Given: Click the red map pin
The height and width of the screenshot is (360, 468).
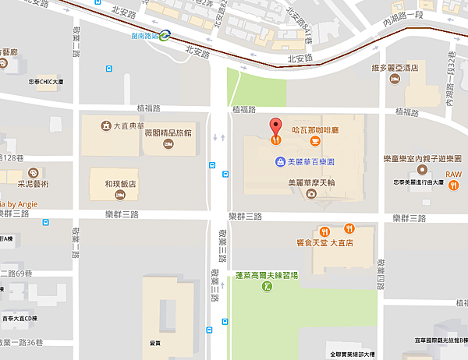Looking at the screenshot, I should pos(275,129).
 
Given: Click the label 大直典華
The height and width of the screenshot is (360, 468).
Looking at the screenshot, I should pos(130,125).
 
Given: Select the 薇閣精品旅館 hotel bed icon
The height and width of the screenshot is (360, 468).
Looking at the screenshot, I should pos(167,144).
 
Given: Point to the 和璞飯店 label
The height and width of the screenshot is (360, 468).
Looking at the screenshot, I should pos(121,185).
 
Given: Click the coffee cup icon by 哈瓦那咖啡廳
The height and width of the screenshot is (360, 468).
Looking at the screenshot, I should pos(314,141).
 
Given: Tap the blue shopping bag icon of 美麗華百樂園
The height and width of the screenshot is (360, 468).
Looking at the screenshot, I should pos(279,162).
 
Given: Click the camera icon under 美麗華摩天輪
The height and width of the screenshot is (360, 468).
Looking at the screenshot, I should pos(310,195).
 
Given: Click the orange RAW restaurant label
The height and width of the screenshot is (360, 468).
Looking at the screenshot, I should pos(453,175).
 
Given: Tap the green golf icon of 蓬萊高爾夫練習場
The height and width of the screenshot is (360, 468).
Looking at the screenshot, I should pos(268,287).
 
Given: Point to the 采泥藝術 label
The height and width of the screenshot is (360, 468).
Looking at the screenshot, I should pos(32,184).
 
